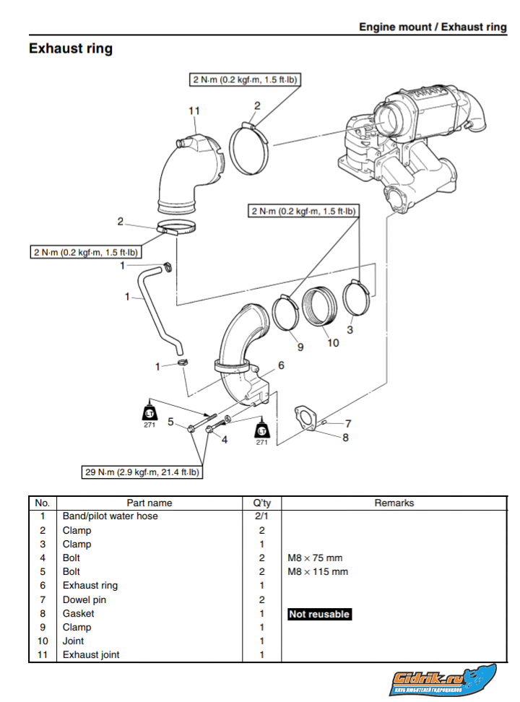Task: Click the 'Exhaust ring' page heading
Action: (x=71, y=49)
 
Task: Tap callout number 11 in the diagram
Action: (x=194, y=110)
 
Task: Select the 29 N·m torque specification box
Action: (x=142, y=472)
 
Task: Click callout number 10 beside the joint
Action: (x=333, y=343)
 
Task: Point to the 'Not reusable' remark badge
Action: (x=319, y=614)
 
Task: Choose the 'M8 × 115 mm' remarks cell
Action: (x=318, y=572)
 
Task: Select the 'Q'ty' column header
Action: (x=261, y=503)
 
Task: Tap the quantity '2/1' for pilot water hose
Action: (x=261, y=516)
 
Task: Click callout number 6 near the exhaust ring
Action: (x=281, y=365)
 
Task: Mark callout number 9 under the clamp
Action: (x=300, y=347)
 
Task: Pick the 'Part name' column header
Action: (x=149, y=503)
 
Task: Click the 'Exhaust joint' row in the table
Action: (x=91, y=655)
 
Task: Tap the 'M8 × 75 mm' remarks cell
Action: (x=315, y=558)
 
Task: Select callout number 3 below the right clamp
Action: (x=350, y=330)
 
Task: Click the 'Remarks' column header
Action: (x=394, y=503)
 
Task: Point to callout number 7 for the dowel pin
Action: (x=347, y=423)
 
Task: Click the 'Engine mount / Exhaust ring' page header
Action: (x=433, y=27)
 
